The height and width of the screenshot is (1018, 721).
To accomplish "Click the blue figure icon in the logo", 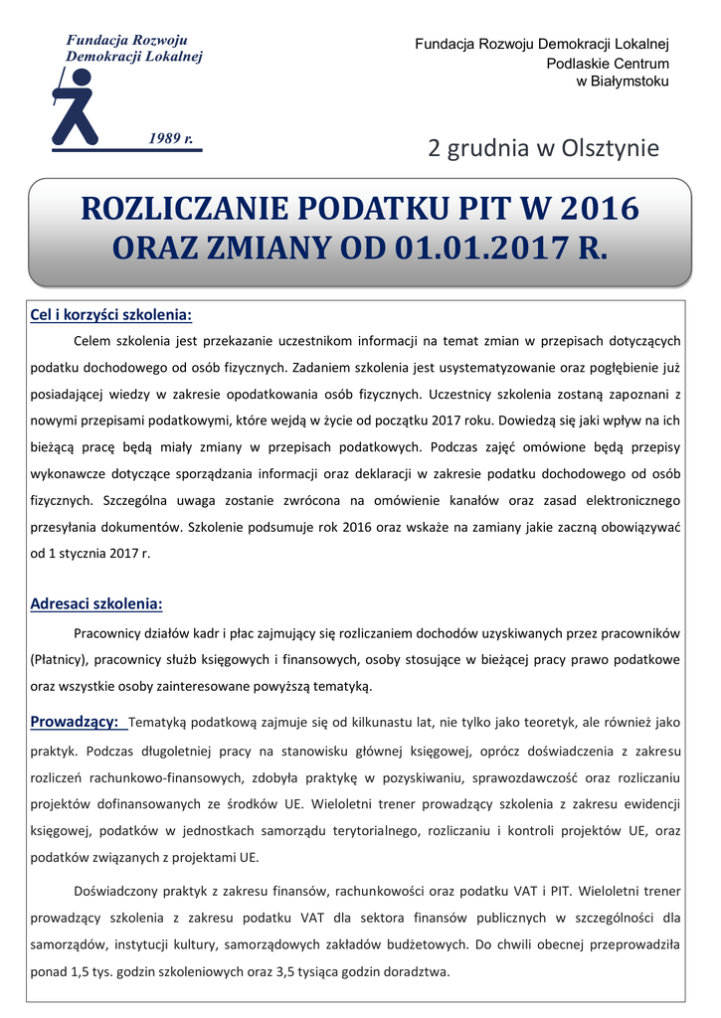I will [x=77, y=105].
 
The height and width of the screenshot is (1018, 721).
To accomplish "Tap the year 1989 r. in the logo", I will [x=171, y=137].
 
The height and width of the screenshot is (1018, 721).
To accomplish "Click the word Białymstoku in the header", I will [x=624, y=82].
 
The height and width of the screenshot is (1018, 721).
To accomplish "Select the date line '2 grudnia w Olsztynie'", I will [x=543, y=149].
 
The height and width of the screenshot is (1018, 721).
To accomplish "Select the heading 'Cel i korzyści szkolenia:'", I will [x=110, y=315].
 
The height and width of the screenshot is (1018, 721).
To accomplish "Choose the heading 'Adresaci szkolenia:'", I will [x=96, y=603].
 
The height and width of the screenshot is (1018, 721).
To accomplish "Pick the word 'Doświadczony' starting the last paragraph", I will [x=118, y=891].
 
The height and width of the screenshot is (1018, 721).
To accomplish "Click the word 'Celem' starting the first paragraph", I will [x=93, y=341].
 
